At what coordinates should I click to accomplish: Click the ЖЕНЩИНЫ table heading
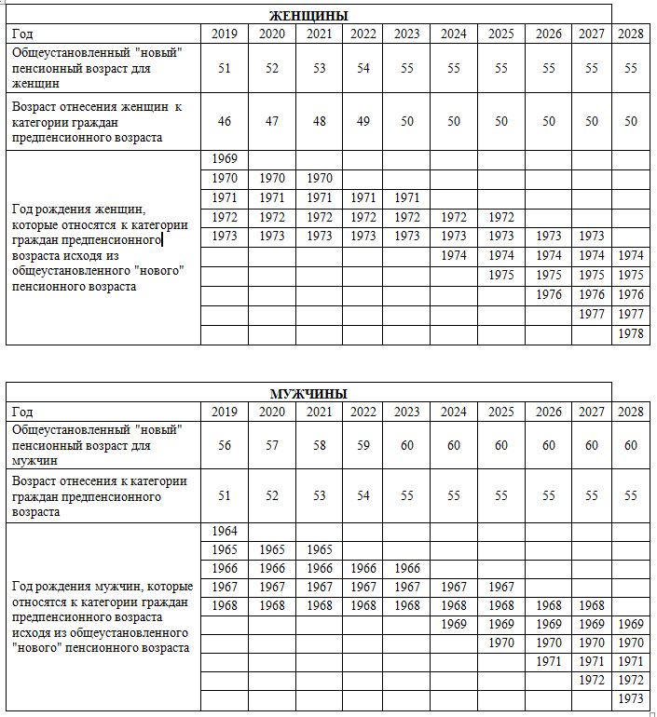pos(308,16)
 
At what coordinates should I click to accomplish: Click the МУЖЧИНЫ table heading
pos(308,393)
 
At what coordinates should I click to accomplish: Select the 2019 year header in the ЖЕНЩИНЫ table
pos(225,34)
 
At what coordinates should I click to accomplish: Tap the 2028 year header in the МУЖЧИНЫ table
pos(631,412)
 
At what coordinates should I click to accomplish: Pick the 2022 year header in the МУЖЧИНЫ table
pos(364,412)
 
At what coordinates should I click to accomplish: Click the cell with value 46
pos(225,121)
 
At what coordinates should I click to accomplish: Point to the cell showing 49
pos(364,121)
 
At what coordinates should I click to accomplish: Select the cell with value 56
pos(225,445)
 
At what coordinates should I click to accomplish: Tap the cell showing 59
pos(364,445)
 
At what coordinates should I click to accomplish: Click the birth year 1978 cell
pos(631,334)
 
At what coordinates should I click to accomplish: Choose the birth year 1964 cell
pos(225,531)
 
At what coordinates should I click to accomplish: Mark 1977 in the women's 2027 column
pos(592,314)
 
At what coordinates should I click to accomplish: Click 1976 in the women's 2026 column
pos(549,294)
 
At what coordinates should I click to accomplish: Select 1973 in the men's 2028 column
pos(631,698)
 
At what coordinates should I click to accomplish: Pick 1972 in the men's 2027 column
pos(592,680)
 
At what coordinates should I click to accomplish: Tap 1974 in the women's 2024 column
pos(453,255)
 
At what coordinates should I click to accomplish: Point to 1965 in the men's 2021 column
pos(320,549)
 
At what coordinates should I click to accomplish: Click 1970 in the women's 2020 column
pos(272,178)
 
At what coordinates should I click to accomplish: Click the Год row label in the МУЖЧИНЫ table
pos(22,412)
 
